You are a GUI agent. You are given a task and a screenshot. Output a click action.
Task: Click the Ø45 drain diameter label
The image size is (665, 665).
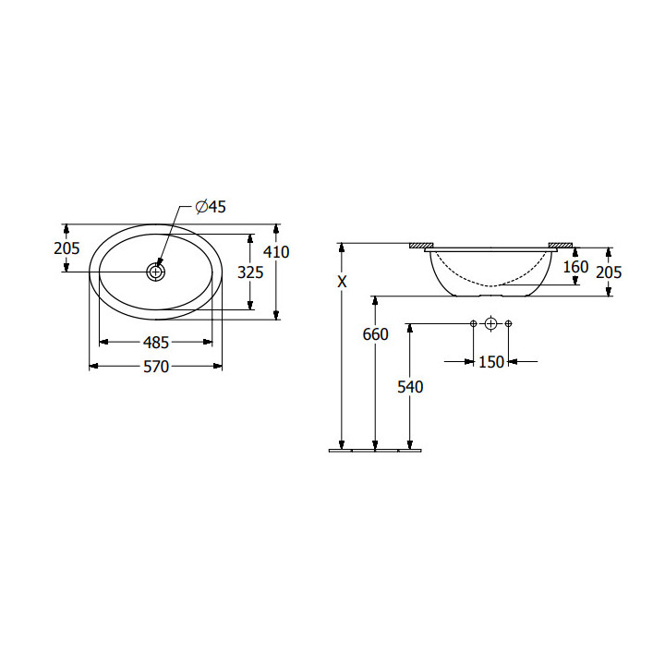pyautogui.click(x=211, y=207)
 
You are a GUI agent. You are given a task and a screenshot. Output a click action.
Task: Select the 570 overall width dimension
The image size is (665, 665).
pyautogui.click(x=156, y=367)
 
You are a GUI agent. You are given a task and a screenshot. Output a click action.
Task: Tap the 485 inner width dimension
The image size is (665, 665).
pyautogui.click(x=156, y=343)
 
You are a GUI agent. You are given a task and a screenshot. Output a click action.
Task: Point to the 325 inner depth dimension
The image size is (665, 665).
pyautogui.click(x=250, y=272)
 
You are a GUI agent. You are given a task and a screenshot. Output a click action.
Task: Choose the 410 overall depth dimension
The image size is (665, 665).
pyautogui.click(x=276, y=252)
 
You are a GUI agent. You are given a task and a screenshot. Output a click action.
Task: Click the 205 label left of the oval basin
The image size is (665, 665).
pyautogui.click(x=66, y=248)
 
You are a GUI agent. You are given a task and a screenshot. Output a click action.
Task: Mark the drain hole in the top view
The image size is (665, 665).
pyautogui.click(x=156, y=272)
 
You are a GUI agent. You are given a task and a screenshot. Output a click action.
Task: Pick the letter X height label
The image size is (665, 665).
pyautogui.click(x=342, y=282)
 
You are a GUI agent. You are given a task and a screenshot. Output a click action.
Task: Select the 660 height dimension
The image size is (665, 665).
pyautogui.click(x=375, y=334)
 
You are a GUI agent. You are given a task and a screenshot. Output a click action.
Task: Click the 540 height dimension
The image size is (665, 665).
pyautogui.click(x=410, y=387)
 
